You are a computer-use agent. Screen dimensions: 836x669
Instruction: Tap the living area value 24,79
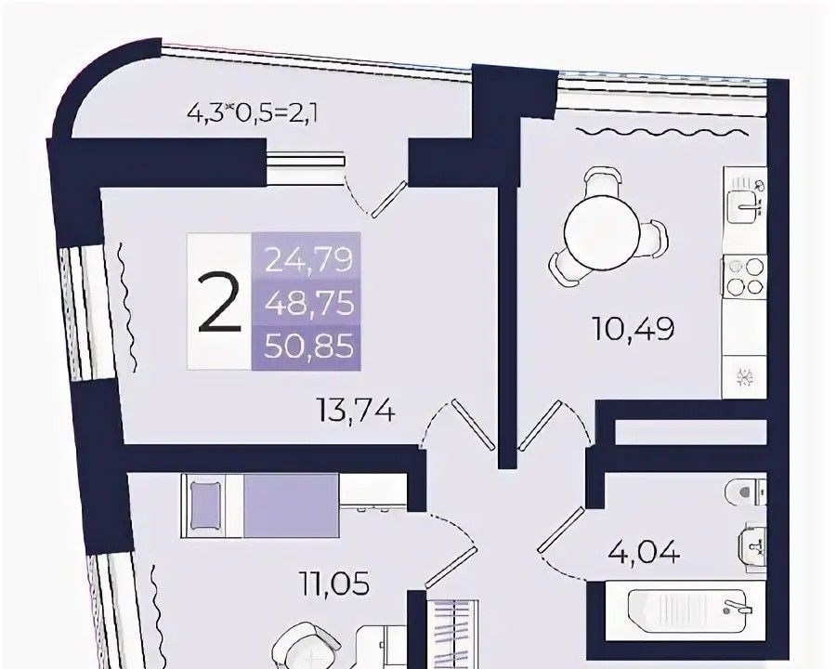coord(309,260)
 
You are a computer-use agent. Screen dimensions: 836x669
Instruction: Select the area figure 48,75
coord(309,304)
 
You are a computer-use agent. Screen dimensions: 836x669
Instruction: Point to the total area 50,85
coord(309,347)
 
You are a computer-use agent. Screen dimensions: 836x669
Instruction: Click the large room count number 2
coord(220,303)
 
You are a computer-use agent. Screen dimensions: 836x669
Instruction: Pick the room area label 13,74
coord(356,412)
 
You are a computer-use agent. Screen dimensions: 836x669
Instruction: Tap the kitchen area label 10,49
coord(634,329)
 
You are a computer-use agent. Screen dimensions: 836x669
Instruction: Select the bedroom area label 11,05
coord(334,584)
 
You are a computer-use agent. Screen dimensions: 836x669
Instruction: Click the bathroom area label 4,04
coord(644,552)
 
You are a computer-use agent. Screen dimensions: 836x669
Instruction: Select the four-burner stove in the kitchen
coord(744,276)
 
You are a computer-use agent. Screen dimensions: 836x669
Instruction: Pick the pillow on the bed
coord(205,505)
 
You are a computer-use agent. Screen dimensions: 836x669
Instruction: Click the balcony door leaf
coord(389,199)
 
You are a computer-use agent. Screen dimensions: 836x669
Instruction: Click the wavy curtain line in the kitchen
coord(660,131)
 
